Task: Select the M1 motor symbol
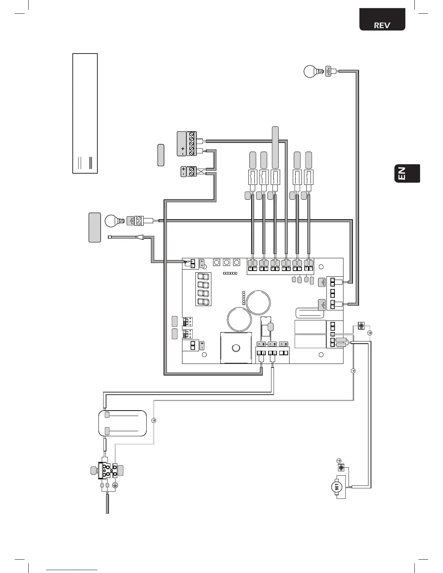tap(337, 487)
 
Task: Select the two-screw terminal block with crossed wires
tap(191, 171)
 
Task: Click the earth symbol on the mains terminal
tap(115, 485)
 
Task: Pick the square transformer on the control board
tap(236, 348)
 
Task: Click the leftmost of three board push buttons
tap(216, 262)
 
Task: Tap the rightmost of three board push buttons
tap(237, 262)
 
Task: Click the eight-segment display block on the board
tap(203, 289)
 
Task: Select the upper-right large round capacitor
tap(258, 302)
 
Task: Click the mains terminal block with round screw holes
tap(107, 470)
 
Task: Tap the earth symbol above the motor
tap(339, 460)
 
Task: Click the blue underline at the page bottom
tap(72, 570)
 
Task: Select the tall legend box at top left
tap(85, 113)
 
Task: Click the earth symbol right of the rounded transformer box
tap(153, 420)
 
